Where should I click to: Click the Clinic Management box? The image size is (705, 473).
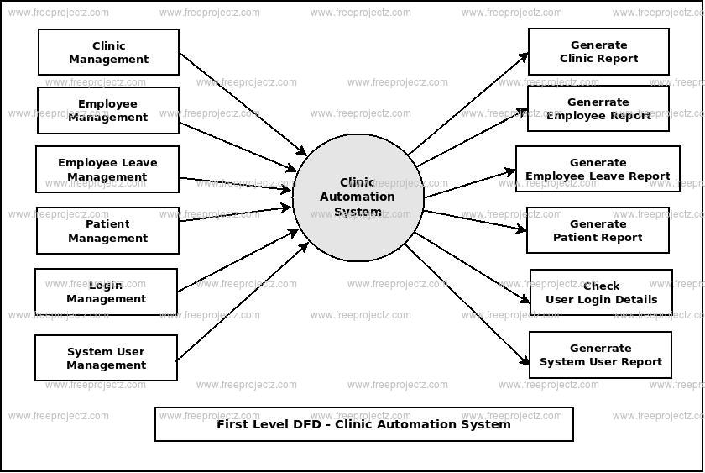click(108, 52)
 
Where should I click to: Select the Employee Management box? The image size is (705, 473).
click(108, 111)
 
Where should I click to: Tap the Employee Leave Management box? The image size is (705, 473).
click(107, 170)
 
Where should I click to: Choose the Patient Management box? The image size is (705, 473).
click(107, 231)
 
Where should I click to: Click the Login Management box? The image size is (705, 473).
click(107, 292)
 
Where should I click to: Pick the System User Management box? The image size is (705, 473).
click(107, 358)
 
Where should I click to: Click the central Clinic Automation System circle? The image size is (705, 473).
click(358, 197)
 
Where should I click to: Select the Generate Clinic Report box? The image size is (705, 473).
click(598, 52)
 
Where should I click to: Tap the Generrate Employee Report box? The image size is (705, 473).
click(598, 109)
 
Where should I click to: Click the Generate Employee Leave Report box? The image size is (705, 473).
click(598, 170)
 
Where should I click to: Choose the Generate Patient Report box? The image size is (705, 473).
click(598, 231)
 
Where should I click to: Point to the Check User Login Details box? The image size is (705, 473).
click(601, 292)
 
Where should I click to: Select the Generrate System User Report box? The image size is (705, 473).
click(600, 355)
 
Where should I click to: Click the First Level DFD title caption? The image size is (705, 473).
click(363, 424)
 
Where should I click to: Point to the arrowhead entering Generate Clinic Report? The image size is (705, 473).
click(524, 57)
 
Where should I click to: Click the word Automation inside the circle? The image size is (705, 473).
click(357, 197)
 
